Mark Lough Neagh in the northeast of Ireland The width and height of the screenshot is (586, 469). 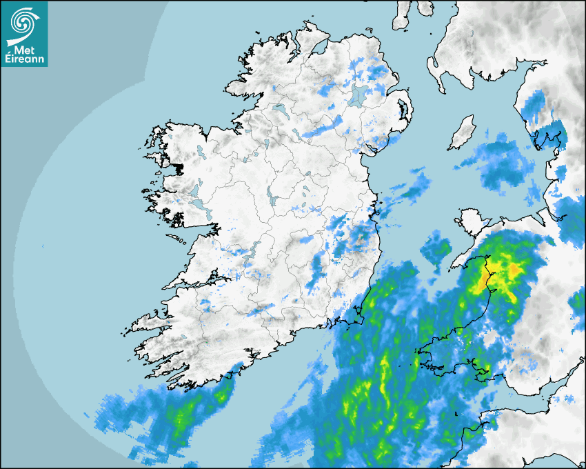pyautogui.click(x=358, y=95)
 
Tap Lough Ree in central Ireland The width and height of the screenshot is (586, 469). pyautogui.click(x=273, y=199)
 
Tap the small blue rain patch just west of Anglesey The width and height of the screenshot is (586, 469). pyautogui.click(x=435, y=248)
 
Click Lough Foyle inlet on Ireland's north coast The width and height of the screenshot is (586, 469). pyautogui.click(x=321, y=48)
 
